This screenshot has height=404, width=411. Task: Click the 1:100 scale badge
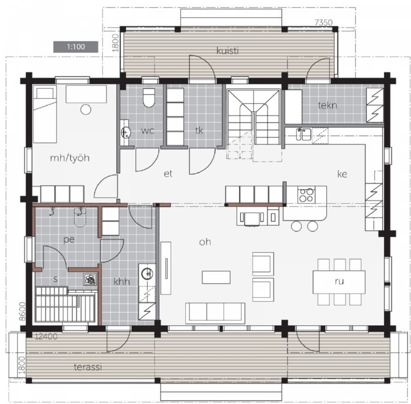pos(76,47)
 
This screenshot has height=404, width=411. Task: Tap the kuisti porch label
pos(228,50)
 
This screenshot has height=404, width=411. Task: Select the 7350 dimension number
pos(324,23)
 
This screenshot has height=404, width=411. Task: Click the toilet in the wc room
pos(149,98)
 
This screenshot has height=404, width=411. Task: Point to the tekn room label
pos(327,105)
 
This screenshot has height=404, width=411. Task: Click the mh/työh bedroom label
pos(70,158)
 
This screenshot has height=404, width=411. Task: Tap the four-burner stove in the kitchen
pos(306,195)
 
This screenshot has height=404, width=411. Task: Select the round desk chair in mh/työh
pos(86,109)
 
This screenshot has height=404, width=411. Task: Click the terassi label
pos(88,367)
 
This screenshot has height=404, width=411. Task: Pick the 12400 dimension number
pos(46,336)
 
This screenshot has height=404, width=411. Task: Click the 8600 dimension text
pos(22,311)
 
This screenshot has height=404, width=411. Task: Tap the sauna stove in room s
pos(90,279)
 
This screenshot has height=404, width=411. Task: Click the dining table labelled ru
pos(339,282)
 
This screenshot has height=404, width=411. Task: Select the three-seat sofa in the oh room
pos(215,313)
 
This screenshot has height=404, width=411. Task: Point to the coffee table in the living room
pos(216,277)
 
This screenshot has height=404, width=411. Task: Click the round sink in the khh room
pos(147,274)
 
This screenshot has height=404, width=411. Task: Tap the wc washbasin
pos(126,132)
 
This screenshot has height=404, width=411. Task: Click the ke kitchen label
pos(342,174)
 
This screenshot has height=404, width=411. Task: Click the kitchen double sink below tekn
pos(304,134)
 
